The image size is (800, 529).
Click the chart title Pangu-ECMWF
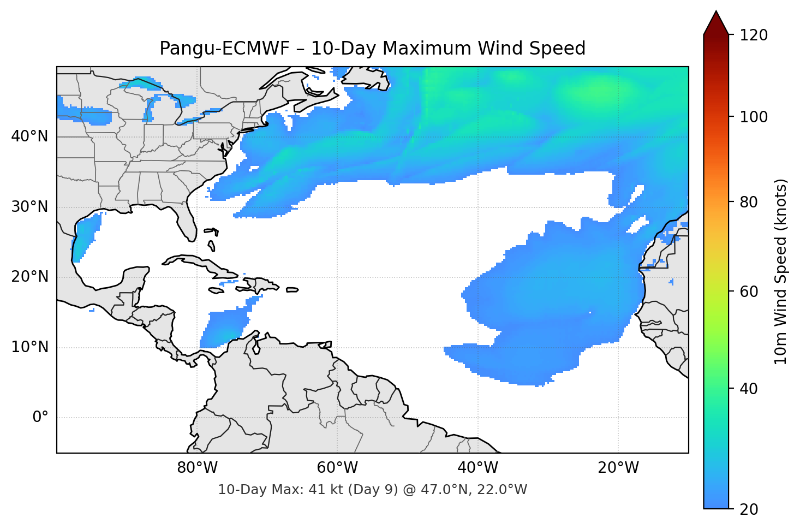click(372, 49)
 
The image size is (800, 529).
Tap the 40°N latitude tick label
click(29, 136)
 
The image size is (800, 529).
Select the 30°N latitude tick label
click(29, 207)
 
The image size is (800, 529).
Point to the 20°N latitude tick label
click(29, 277)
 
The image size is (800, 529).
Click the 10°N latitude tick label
click(29, 347)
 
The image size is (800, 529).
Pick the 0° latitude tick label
click(40, 418)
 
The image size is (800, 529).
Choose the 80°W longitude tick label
click(197, 468)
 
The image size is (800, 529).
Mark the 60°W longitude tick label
click(337, 468)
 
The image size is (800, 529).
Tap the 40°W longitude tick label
click(478, 468)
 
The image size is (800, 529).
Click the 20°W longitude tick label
click(618, 468)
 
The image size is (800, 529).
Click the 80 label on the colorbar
click(751, 202)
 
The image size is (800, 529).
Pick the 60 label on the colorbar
click(751, 292)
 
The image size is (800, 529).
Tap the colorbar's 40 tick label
click(751, 389)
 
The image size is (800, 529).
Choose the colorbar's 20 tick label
click(751, 509)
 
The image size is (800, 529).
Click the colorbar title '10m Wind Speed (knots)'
click(781, 271)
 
